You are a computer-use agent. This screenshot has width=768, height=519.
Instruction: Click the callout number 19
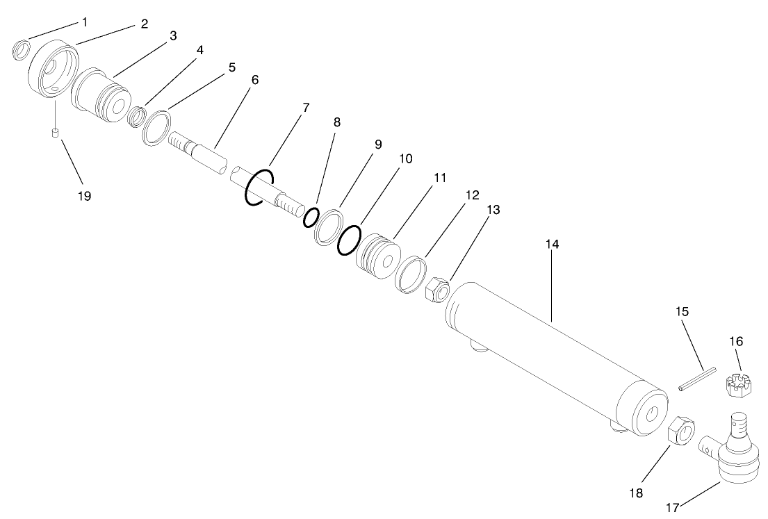pyautogui.click(x=84, y=196)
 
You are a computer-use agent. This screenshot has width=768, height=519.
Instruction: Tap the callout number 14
pyautogui.click(x=553, y=245)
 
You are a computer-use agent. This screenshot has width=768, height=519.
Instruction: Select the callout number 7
pyautogui.click(x=306, y=108)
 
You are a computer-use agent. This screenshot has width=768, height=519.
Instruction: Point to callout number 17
pyautogui.click(x=672, y=508)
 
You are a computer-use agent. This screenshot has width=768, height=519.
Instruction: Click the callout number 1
pyautogui.click(x=85, y=22)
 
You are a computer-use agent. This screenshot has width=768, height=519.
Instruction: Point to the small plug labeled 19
pyautogui.click(x=54, y=133)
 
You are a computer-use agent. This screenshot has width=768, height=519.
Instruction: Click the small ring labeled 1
pyautogui.click(x=22, y=51)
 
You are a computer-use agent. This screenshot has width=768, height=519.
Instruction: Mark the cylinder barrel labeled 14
pyautogui.click(x=556, y=354)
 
